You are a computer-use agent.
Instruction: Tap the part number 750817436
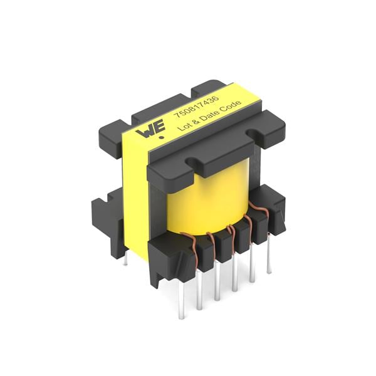(x=196, y=107)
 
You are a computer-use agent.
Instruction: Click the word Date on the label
(x=209, y=115)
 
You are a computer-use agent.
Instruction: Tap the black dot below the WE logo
(x=162, y=138)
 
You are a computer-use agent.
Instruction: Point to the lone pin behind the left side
(x=125, y=258)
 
